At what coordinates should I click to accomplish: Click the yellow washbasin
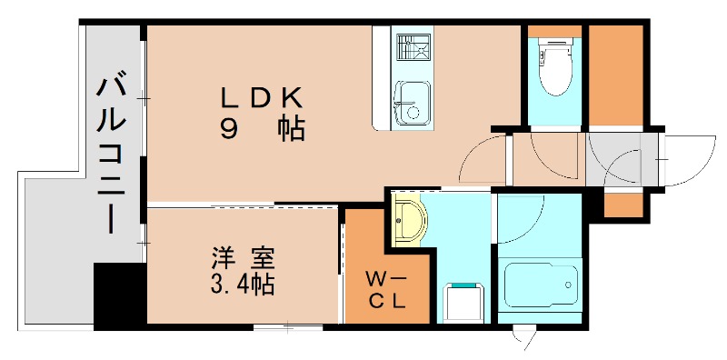[409, 221]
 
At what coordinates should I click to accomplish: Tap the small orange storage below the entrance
[623, 205]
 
